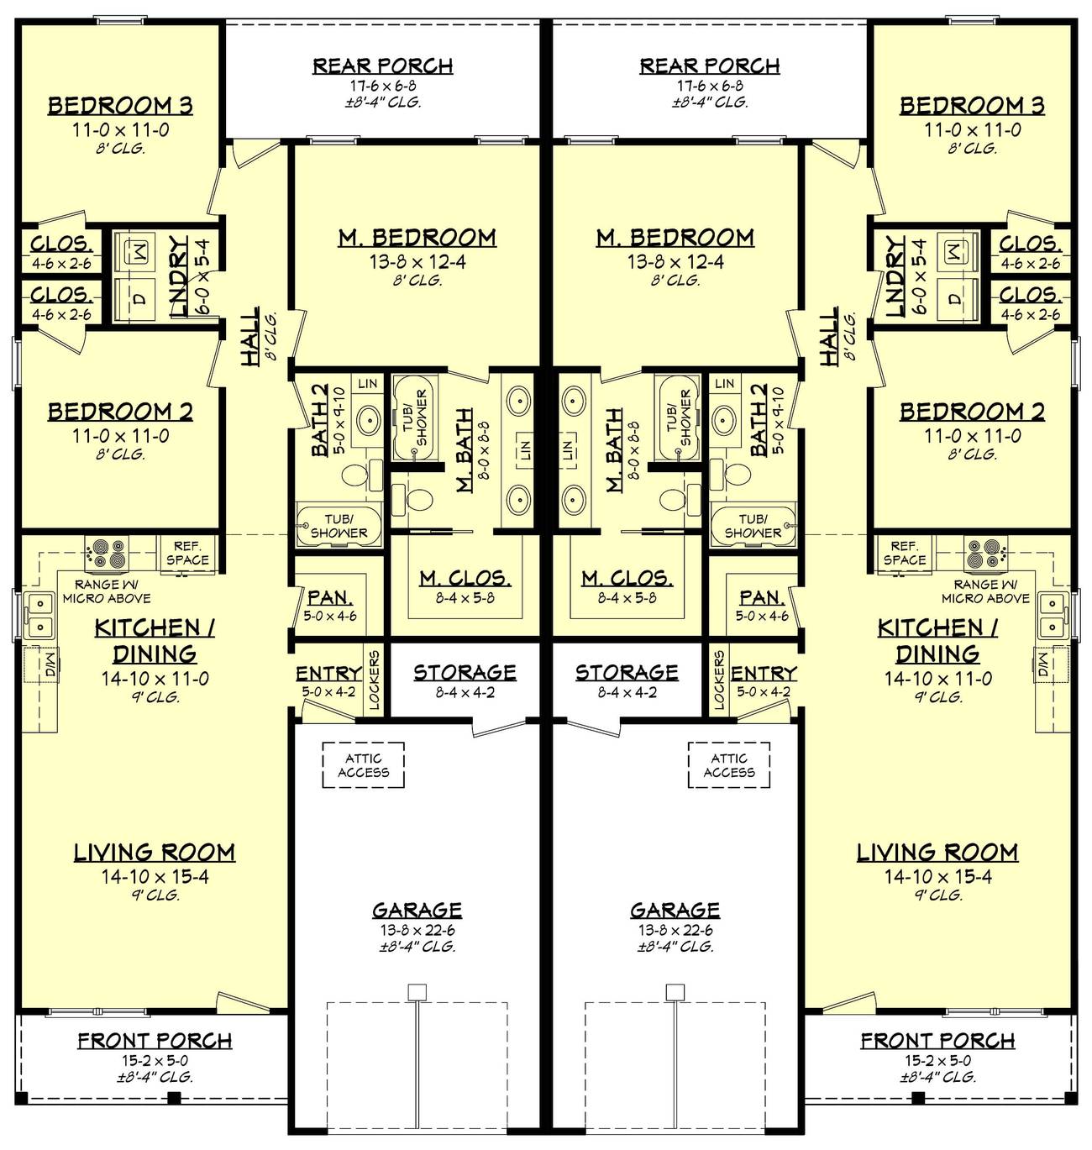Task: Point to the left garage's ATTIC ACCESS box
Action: [363, 765]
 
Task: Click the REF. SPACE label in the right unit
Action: [905, 553]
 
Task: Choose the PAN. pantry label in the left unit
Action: [329, 598]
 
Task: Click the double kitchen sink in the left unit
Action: [38, 614]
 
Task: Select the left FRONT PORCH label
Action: [155, 1041]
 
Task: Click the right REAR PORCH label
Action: [710, 66]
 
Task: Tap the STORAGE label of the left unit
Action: [465, 672]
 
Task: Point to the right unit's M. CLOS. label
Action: [627, 578]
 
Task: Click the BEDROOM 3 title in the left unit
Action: [120, 106]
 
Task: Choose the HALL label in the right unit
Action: [829, 336]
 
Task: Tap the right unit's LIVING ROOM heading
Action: [937, 853]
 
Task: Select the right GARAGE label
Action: [675, 910]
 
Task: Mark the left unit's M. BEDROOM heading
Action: [417, 238]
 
